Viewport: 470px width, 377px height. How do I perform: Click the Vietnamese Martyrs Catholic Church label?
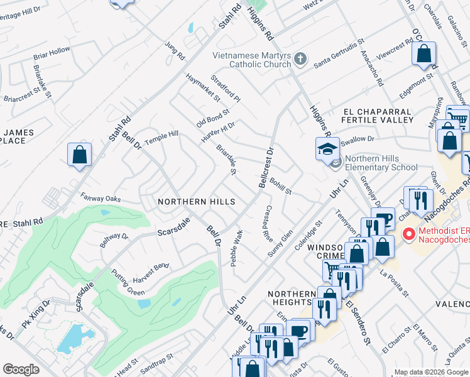(251, 59)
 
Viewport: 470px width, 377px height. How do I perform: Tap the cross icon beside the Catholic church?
(300, 59)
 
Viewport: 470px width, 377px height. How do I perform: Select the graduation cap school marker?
(327, 149)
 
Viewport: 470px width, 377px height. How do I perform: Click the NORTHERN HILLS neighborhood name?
(196, 202)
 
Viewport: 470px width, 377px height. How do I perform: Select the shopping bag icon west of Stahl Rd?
(80, 155)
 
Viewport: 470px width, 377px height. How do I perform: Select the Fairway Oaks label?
(100, 197)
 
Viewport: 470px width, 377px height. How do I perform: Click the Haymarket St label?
(203, 87)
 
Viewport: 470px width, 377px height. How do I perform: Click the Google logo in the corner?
(21, 369)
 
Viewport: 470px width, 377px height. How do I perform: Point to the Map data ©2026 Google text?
(430, 372)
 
